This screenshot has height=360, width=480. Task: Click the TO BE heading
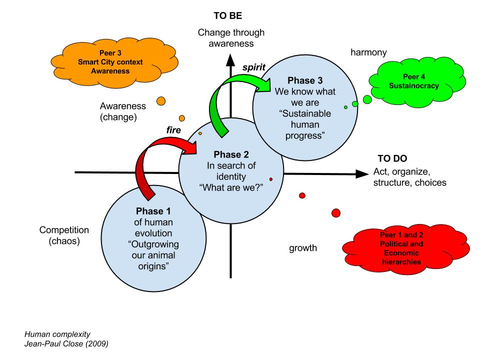point(227,16)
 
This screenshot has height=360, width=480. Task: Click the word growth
point(303,248)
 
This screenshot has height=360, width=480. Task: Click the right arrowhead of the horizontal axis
point(361,173)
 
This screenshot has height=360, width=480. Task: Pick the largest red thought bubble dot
point(336,213)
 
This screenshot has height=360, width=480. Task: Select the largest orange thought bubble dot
point(161,100)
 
